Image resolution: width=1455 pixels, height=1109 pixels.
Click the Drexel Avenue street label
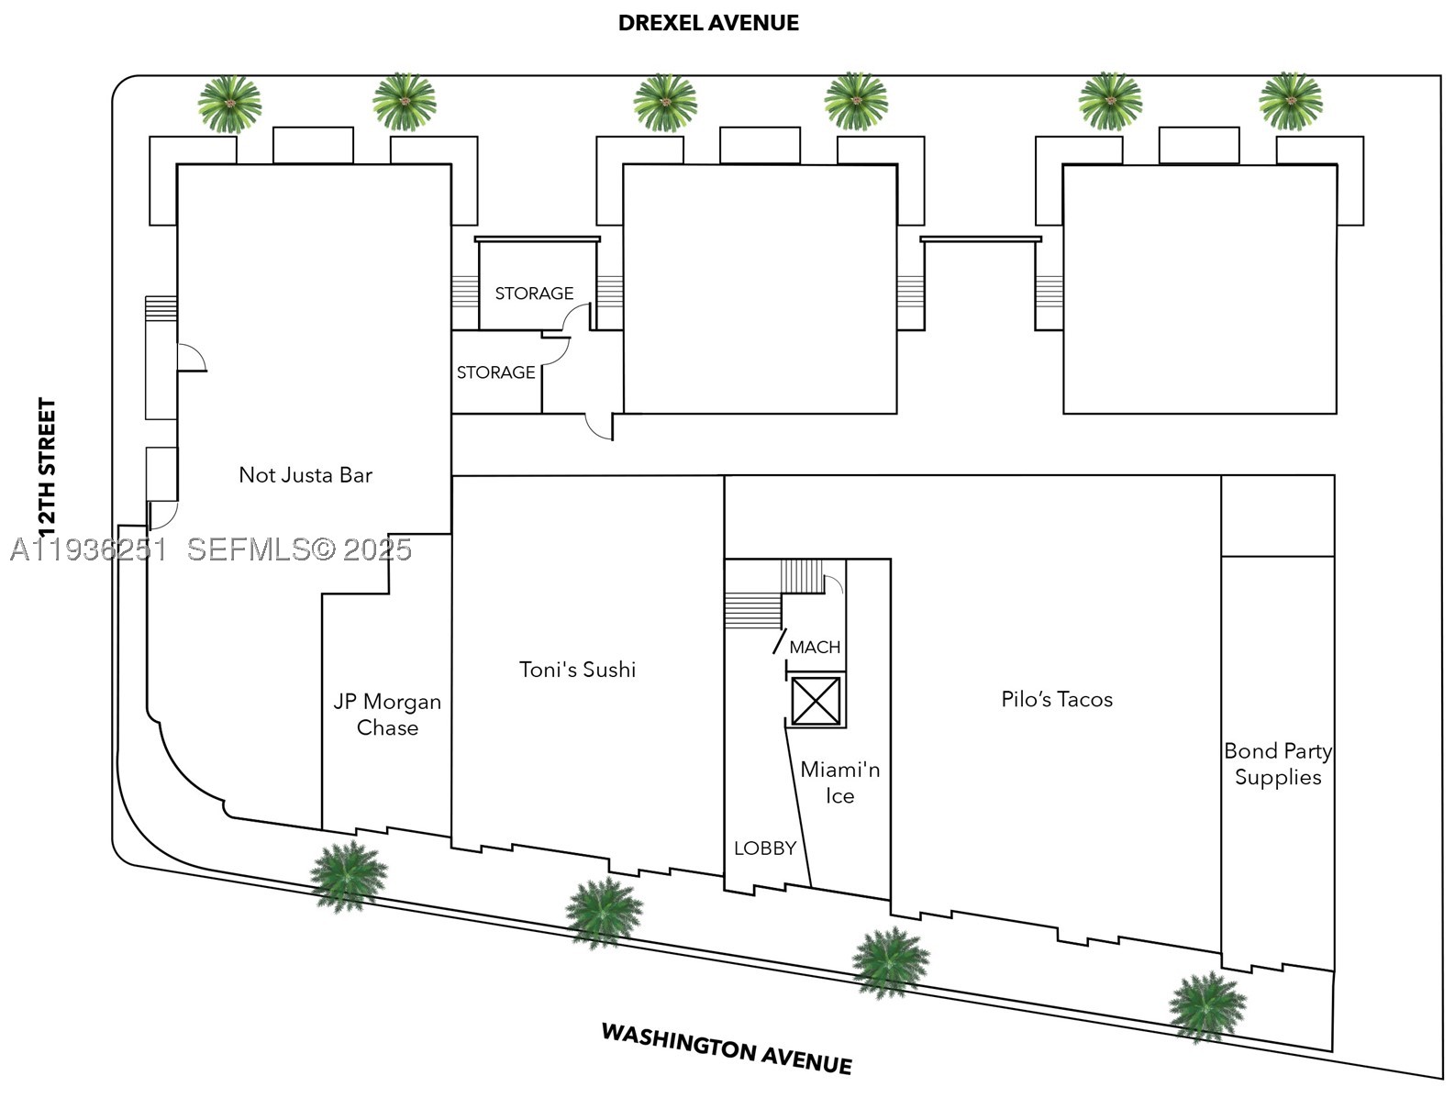[x=708, y=23]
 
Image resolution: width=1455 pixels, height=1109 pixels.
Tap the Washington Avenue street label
[x=727, y=1048]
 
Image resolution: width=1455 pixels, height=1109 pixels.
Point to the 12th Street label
[x=47, y=469]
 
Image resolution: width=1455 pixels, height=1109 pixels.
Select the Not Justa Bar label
[x=305, y=475]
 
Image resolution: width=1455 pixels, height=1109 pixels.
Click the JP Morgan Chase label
[x=387, y=715]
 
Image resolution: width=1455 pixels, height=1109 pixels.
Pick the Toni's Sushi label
[x=577, y=670]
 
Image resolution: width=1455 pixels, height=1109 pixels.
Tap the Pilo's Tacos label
[x=1057, y=699]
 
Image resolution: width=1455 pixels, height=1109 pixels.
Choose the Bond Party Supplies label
[x=1278, y=764]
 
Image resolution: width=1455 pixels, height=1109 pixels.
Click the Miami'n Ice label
[x=839, y=782]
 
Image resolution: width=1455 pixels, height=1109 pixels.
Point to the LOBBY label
[x=765, y=848]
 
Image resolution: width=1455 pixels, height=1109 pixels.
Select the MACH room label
[x=815, y=648]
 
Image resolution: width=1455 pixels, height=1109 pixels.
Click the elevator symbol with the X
[x=816, y=701]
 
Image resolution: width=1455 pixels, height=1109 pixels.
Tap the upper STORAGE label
[x=534, y=294]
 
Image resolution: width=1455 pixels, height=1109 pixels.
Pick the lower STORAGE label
[x=495, y=372]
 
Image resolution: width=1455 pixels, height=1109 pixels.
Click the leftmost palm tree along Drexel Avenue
[x=229, y=104]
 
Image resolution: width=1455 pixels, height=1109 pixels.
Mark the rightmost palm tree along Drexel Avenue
[x=1291, y=101]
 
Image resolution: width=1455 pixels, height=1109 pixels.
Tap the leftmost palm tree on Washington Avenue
[x=348, y=876]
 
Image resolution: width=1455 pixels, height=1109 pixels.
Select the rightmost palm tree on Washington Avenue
[x=1207, y=1007]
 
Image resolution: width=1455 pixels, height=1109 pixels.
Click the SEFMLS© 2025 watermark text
[x=299, y=549]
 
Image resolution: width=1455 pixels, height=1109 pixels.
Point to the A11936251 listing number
[x=89, y=549]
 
